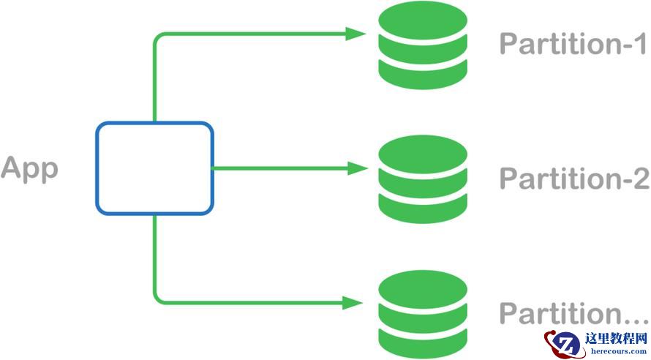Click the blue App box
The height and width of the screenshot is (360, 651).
tap(154, 168)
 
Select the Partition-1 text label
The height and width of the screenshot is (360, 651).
tap(573, 45)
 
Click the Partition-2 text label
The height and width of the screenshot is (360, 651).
tap(573, 179)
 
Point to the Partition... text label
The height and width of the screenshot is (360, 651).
tap(573, 314)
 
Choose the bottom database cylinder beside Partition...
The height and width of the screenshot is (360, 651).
tap(423, 312)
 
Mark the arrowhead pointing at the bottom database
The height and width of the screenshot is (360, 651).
tap(357, 301)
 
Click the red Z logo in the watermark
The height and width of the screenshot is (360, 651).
tap(564, 342)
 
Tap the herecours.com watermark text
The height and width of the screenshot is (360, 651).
tap(617, 351)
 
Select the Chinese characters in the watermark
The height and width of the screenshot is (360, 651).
tap(617, 339)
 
